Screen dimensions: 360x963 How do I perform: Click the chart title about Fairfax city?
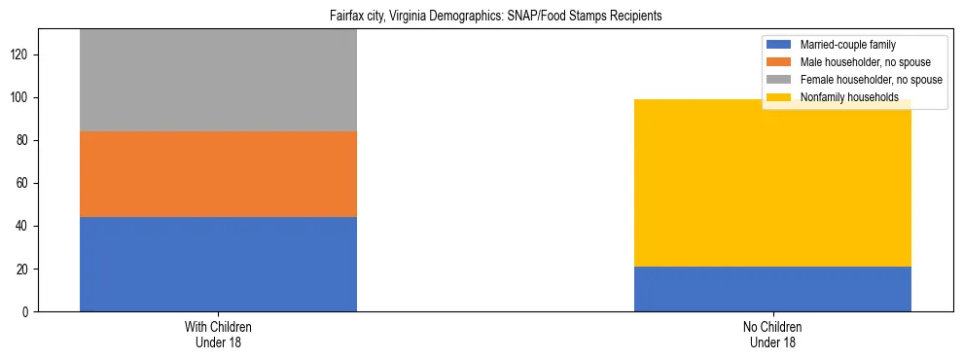pyautogui.click(x=481, y=17)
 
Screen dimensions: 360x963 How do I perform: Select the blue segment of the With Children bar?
pyautogui.click(x=218, y=264)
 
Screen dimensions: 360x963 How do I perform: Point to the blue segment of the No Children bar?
pyautogui.click(x=772, y=289)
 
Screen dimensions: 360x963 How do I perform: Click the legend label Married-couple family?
pyautogui.click(x=847, y=45)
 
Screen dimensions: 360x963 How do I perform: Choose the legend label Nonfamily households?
pyautogui.click(x=849, y=97)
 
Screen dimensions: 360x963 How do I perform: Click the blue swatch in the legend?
pyautogui.click(x=779, y=45)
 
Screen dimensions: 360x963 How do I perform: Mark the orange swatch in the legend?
pyautogui.click(x=779, y=62)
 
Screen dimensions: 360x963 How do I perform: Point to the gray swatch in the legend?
pyautogui.click(x=779, y=80)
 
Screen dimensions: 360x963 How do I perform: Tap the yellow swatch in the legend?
pyautogui.click(x=779, y=97)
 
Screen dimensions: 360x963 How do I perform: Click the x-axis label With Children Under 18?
pyautogui.click(x=218, y=334)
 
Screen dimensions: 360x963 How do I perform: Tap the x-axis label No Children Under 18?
pyautogui.click(x=772, y=334)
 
